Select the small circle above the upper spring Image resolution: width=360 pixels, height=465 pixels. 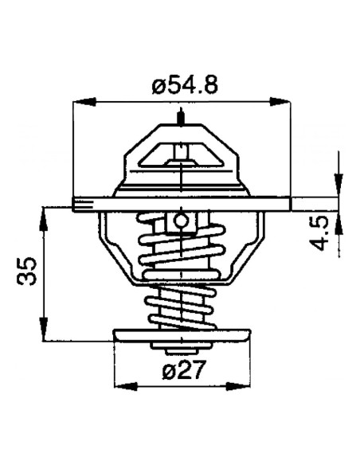point(182,220)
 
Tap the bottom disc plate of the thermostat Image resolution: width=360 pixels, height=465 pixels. point(182,335)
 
